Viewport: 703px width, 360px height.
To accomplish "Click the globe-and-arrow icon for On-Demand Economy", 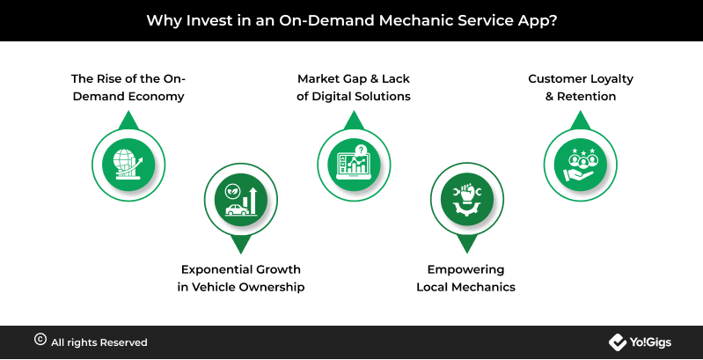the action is click(x=128, y=165).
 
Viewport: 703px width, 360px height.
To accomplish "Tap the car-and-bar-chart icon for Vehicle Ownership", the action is click(x=241, y=200).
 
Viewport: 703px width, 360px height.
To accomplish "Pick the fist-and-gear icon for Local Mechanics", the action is click(x=466, y=200).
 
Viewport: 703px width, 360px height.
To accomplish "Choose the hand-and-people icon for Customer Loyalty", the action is click(x=580, y=165).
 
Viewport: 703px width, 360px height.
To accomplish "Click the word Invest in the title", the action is click(x=207, y=20).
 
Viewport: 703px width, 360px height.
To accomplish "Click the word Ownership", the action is click(x=272, y=287).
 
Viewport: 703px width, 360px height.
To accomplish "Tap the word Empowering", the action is click(x=465, y=269).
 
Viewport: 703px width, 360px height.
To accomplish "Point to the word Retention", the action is click(x=587, y=97).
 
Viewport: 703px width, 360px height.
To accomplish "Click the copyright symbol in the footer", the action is click(x=40, y=340).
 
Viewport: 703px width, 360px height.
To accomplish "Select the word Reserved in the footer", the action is click(x=123, y=342).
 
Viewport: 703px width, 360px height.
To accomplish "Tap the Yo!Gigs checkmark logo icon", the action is click(x=618, y=342).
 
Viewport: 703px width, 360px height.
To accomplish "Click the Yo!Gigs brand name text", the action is click(x=650, y=342).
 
